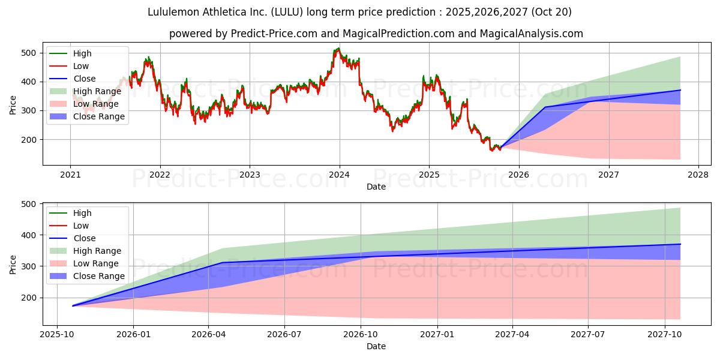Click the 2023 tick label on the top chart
[x=250, y=175]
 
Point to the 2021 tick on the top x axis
[x=71, y=175]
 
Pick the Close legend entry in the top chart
[x=84, y=79]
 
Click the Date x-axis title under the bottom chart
[x=376, y=346]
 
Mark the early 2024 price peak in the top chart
[x=338, y=49]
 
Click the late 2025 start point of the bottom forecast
[x=73, y=306]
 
